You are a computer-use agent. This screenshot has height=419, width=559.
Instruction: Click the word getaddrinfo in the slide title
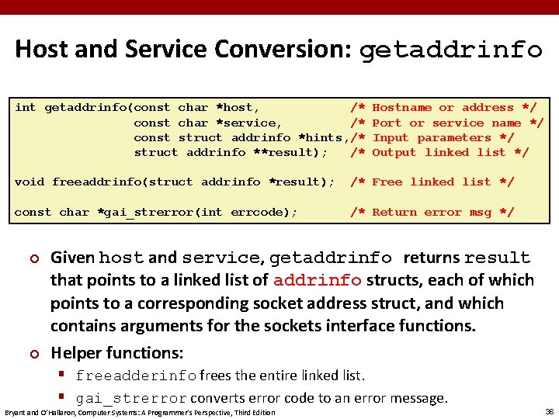pos(451,50)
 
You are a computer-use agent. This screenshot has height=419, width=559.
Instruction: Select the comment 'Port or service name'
pos(446,123)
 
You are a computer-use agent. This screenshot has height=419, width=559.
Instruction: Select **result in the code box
pos(287,152)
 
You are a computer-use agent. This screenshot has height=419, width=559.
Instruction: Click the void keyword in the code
pos(30,182)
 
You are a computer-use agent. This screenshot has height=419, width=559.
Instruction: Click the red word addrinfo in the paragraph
pos(318,280)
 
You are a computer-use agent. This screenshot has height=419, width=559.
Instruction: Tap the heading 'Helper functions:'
pos(117,352)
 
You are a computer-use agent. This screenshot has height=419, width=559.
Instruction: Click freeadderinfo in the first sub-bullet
pos(136,376)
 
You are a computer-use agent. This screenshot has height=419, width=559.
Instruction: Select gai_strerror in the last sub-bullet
pos(131,399)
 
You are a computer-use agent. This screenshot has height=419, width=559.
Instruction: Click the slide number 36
pos(549,411)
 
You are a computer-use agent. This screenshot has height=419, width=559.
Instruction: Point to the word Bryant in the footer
pos(16,412)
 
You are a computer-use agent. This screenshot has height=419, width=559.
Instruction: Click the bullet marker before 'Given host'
pos(33,258)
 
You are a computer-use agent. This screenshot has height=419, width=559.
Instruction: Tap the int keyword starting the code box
pos(25,108)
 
